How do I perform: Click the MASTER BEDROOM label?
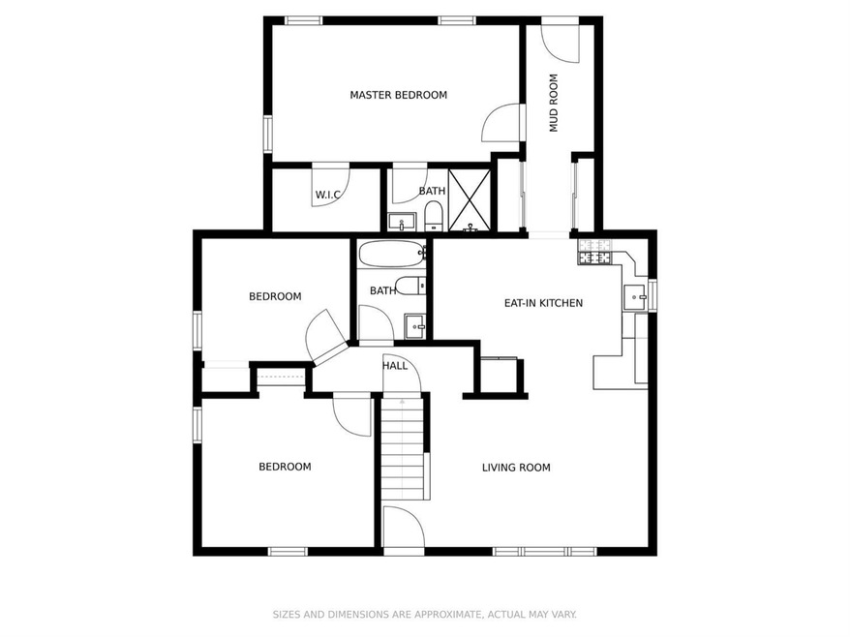click(x=398, y=95)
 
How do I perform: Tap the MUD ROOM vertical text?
click(x=555, y=103)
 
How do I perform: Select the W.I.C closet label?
click(x=329, y=196)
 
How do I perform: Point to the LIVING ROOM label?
click(x=516, y=468)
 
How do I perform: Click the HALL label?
click(x=394, y=366)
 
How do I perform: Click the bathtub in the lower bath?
click(x=391, y=256)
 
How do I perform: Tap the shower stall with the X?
click(x=471, y=199)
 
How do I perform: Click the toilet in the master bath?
click(x=434, y=215)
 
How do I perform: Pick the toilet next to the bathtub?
click(x=410, y=286)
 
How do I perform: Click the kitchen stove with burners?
click(x=596, y=253)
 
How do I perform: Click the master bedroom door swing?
click(x=501, y=121)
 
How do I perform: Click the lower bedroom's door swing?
click(x=352, y=414)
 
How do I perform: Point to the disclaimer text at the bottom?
click(x=424, y=614)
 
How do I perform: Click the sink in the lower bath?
click(x=415, y=324)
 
